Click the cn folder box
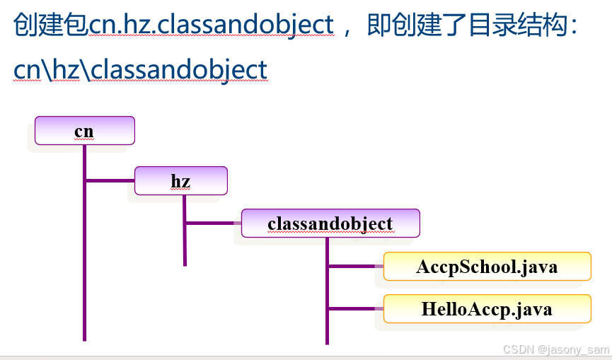point(84,131)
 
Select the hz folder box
point(180,181)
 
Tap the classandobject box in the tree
point(330,223)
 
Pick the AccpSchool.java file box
point(487,267)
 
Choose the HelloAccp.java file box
point(487,309)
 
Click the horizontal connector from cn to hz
point(110,181)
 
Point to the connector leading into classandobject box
point(212,223)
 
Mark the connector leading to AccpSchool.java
point(354,267)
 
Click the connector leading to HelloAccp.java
point(354,309)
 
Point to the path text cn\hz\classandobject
point(140,69)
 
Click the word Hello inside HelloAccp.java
point(445,309)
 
